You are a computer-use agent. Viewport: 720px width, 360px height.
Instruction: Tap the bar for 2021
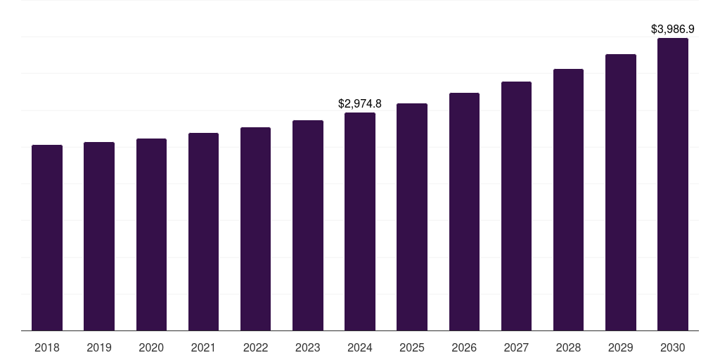(203, 232)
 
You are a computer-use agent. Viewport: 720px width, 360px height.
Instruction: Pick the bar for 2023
(308, 226)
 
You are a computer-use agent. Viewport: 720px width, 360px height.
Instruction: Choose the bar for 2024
(360, 221)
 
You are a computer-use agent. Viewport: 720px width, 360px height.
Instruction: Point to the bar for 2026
(464, 212)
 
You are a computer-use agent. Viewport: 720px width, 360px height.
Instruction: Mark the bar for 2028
(568, 200)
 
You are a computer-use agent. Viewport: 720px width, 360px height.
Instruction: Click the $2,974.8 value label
(360, 103)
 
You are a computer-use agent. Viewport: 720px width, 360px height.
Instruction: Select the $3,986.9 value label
(673, 29)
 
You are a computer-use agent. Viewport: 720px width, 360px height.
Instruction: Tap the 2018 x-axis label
(47, 347)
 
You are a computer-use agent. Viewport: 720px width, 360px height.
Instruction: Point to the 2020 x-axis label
(151, 347)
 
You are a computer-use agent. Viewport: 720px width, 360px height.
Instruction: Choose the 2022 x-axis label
(255, 347)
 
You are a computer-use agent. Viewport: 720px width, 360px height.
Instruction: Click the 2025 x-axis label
(412, 347)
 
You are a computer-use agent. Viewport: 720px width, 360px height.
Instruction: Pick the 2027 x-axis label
(516, 347)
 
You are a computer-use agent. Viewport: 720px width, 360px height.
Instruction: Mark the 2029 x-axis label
(620, 347)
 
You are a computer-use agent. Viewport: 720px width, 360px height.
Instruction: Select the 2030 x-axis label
(673, 347)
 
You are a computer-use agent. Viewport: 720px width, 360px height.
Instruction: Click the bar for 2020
(151, 235)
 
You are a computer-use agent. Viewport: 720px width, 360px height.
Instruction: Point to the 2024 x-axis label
(360, 347)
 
